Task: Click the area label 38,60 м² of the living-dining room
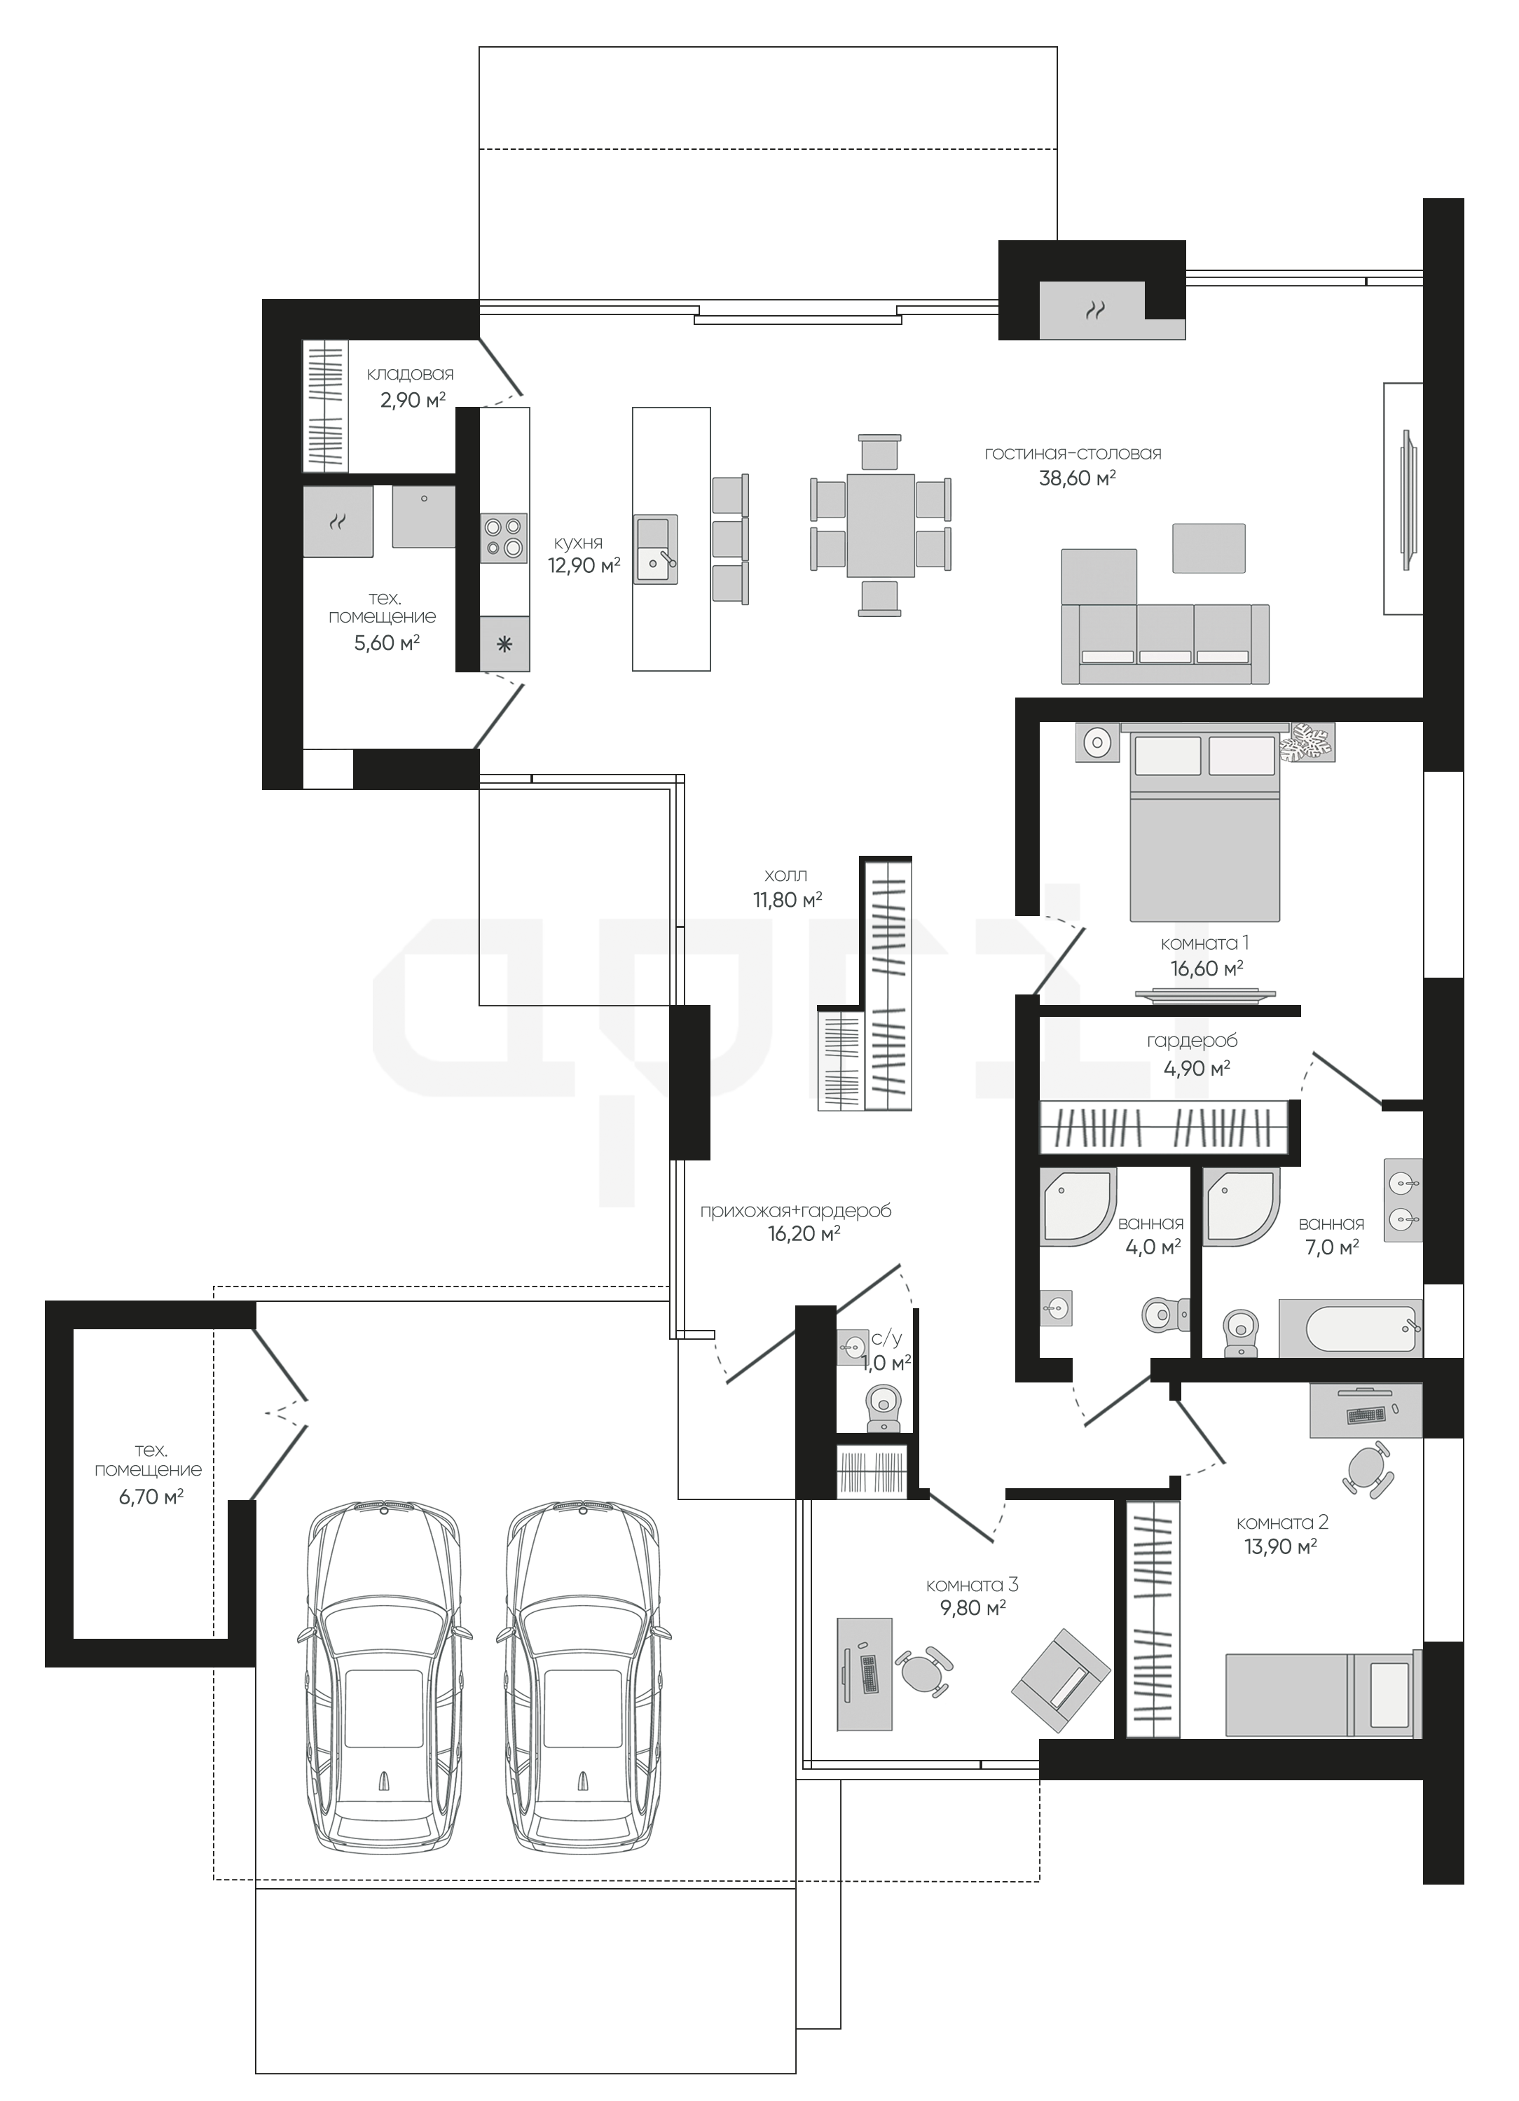(x=1077, y=478)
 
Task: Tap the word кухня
(x=578, y=543)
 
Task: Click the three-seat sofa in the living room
(x=1166, y=643)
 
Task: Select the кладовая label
(x=411, y=374)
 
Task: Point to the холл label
(x=786, y=875)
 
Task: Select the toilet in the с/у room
(x=881, y=1409)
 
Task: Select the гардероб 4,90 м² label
(x=1192, y=1054)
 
